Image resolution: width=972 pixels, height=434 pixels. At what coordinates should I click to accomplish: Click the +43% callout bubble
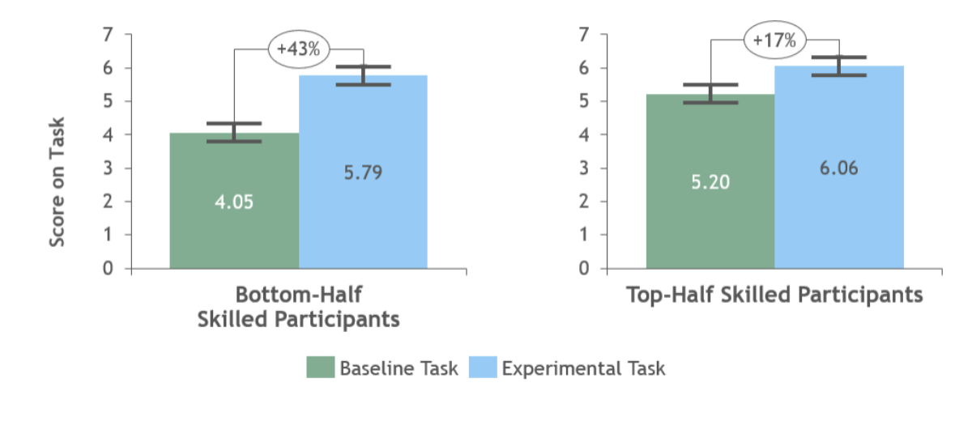tap(298, 49)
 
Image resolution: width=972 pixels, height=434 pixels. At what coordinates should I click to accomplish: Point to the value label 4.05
tap(234, 202)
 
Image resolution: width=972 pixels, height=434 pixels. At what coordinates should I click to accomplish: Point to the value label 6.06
tap(839, 168)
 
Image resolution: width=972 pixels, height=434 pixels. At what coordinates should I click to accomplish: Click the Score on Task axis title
tap(57, 182)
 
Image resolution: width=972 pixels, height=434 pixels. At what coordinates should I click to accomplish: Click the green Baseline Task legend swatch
tap(320, 368)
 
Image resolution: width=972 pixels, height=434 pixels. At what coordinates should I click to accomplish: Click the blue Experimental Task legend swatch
tap(482, 368)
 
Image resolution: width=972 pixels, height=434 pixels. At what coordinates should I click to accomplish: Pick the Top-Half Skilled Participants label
tap(775, 294)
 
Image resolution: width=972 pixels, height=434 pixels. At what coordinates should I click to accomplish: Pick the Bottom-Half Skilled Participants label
tap(298, 306)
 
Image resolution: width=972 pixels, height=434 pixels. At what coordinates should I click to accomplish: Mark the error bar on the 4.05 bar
tap(234, 132)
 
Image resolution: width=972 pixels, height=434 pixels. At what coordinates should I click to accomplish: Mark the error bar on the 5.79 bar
tap(363, 75)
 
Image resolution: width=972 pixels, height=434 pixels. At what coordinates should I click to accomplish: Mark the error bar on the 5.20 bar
tap(710, 93)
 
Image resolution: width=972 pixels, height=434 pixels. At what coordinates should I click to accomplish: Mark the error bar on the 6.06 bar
tap(839, 66)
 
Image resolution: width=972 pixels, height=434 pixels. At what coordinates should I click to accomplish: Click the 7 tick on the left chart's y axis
tap(107, 35)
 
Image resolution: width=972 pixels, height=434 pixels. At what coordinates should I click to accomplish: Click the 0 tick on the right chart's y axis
tap(583, 269)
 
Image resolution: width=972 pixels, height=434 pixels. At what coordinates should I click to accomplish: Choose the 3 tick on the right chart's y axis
tap(583, 168)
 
